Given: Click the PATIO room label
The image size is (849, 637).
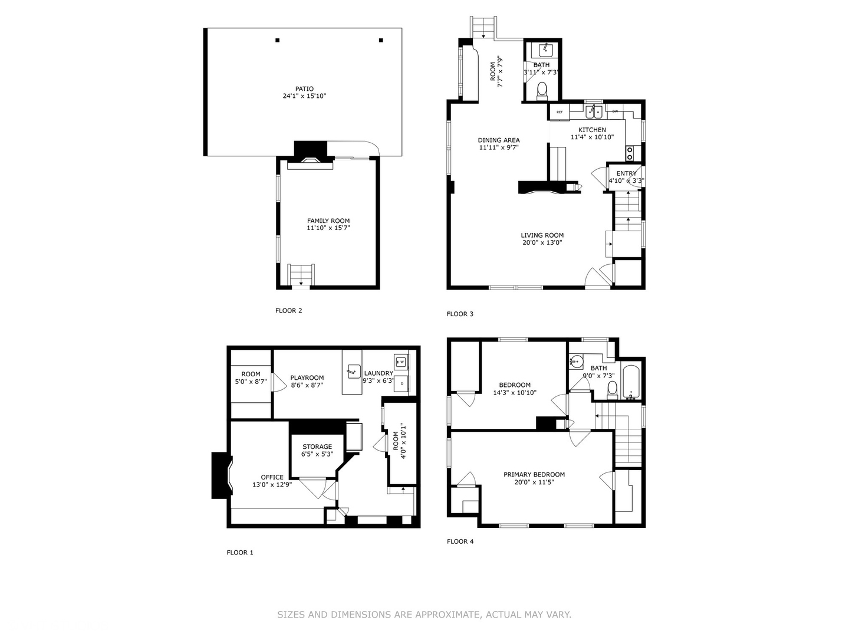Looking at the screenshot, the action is tap(304, 89).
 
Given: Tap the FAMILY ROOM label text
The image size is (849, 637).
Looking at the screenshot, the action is tap(328, 221).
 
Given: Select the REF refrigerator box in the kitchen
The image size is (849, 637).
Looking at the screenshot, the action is tap(560, 112).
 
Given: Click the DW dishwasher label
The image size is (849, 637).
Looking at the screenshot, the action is tap(615, 111).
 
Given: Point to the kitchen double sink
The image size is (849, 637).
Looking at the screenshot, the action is tap(594, 112).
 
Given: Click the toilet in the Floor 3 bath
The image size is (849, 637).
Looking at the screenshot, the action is tap(542, 90).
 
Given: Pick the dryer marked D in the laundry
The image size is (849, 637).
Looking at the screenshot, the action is tap(402, 384).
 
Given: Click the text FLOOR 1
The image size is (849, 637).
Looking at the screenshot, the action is tap(240, 552).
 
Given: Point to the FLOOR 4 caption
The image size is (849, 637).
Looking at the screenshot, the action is tap(460, 541).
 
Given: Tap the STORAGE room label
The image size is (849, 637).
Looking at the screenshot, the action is tap(317, 446).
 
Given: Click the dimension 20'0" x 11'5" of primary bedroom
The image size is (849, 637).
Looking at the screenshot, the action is tap(534, 482).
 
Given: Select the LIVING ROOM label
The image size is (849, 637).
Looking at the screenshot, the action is tap(542, 235).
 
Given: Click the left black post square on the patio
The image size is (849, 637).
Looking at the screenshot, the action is tap(277, 40).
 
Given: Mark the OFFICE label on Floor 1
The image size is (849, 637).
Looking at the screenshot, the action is tap(272, 477).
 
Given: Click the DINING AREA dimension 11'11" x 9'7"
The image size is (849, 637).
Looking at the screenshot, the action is tap(499, 147).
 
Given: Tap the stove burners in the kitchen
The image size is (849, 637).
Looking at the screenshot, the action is tap(630, 153).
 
